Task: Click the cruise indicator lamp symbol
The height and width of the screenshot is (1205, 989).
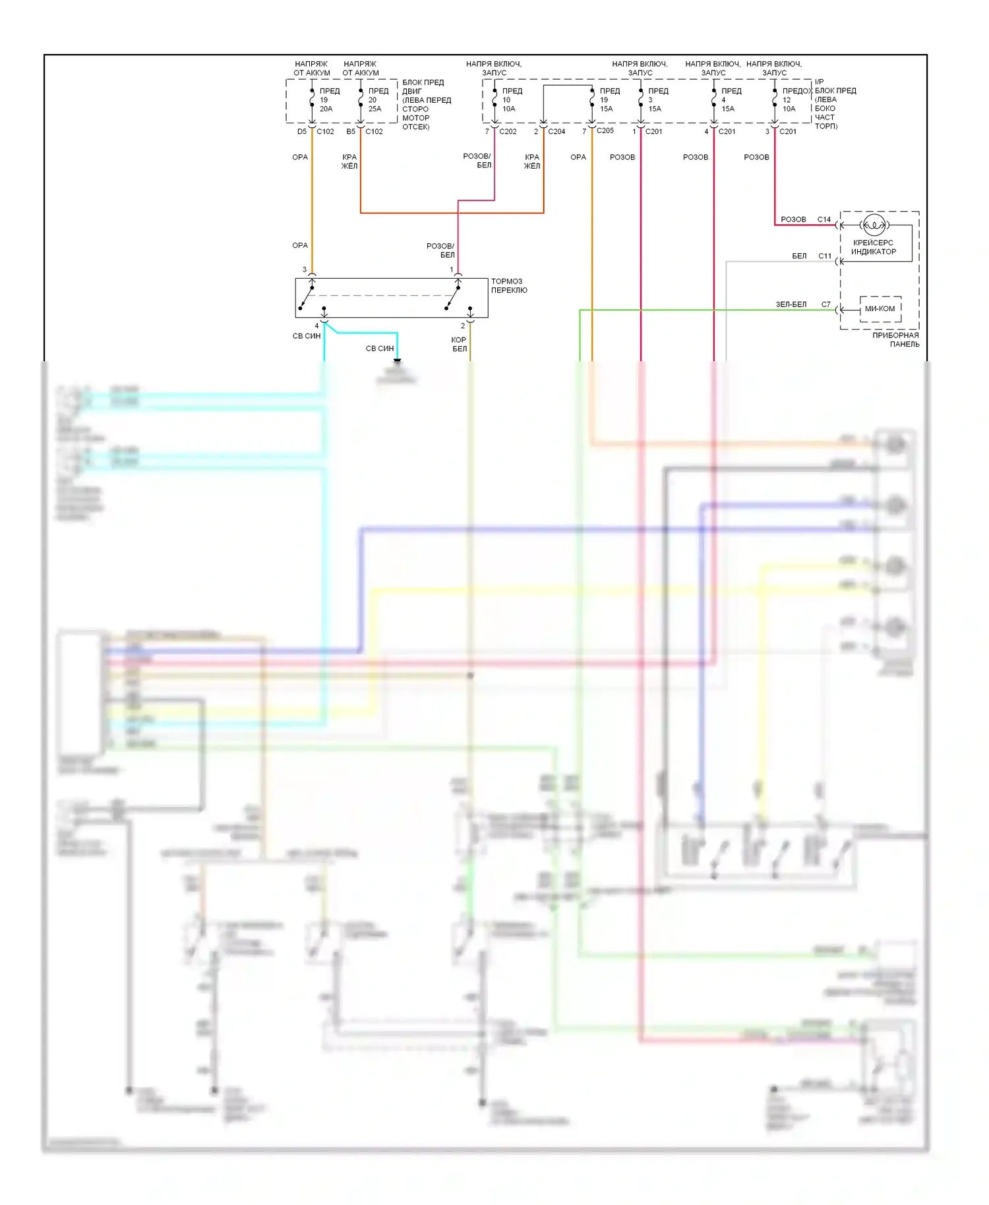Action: pos(874,225)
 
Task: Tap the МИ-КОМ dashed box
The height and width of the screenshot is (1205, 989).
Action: pos(880,309)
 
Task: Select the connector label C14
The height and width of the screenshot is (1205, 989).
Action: pos(824,220)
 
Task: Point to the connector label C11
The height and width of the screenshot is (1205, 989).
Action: pos(825,256)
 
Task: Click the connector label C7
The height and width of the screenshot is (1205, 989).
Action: pos(826,305)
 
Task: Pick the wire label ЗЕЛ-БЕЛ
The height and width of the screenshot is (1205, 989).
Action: pos(791,305)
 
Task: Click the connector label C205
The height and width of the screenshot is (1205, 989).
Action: pos(605,131)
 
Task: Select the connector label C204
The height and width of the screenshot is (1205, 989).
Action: pos(556,131)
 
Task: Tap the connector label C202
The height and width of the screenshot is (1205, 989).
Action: pos(508,131)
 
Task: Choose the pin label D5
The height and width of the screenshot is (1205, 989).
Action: pos(301,131)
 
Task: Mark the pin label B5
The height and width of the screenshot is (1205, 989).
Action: pos(351,131)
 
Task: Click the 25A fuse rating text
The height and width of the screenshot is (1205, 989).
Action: pos(375,109)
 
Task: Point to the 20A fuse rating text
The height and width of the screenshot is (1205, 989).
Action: pos(326,109)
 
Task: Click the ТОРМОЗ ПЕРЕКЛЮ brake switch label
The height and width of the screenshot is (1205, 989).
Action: pos(509,285)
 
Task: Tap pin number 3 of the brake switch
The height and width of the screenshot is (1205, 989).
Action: pos(304,270)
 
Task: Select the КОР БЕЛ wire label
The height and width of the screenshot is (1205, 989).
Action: pos(459,344)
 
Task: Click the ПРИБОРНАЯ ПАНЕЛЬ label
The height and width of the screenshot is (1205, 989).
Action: pos(895,339)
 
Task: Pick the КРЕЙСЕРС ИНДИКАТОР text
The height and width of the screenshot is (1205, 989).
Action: pos(874,247)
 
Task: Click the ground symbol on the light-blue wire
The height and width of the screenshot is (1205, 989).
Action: pos(397,361)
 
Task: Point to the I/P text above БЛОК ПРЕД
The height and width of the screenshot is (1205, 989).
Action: pos(820,82)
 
